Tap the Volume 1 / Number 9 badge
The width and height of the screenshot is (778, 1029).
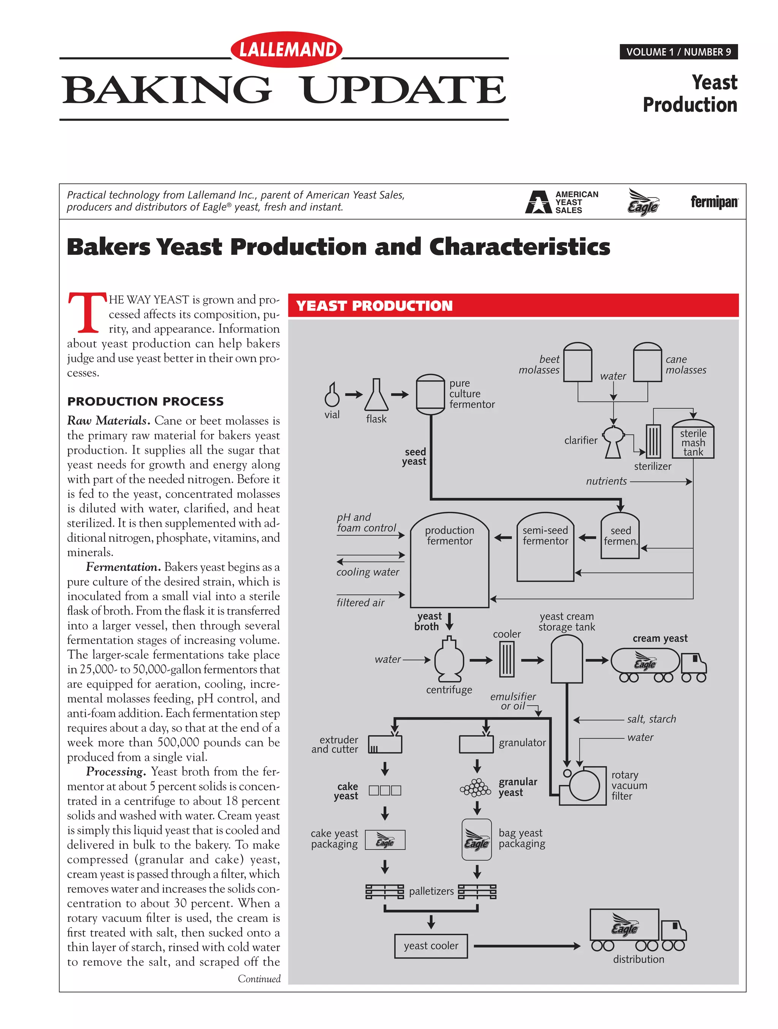point(678,52)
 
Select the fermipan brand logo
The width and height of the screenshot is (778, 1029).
point(714,202)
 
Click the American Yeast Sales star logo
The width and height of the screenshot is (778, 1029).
point(538,202)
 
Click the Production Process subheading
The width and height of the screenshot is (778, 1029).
point(145,401)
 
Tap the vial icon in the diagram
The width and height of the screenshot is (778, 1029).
point(332,395)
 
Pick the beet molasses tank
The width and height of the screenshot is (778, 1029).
point(577,362)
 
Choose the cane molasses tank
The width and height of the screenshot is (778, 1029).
point(647,362)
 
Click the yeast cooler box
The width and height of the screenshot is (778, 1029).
point(431,946)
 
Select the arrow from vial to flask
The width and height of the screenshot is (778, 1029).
point(354,395)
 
